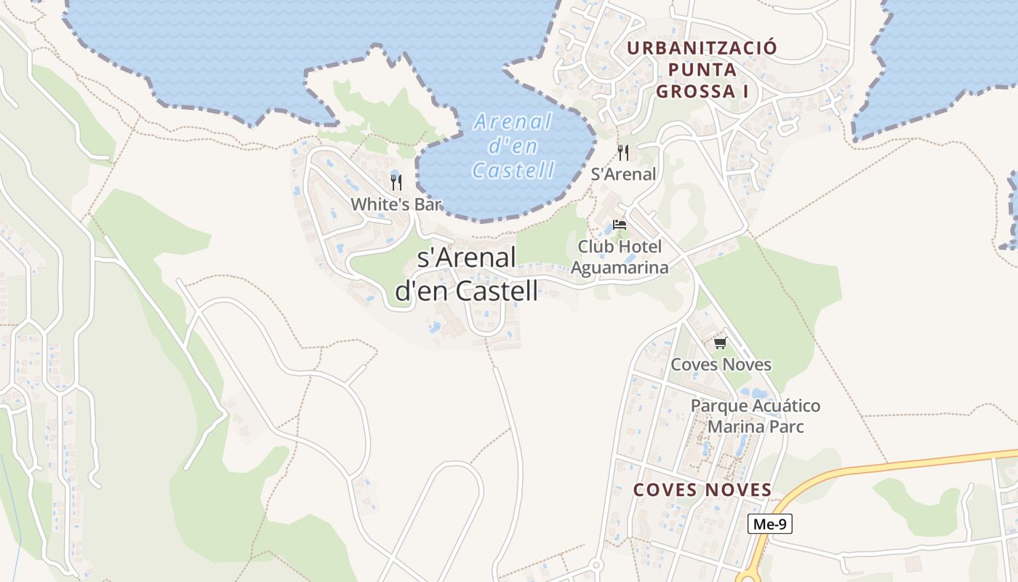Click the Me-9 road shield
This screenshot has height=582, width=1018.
(770, 524)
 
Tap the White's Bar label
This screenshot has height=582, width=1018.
(396, 204)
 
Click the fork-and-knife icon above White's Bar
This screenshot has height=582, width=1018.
(396, 182)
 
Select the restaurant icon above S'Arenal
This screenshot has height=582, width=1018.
(623, 153)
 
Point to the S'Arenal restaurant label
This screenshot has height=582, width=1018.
(623, 175)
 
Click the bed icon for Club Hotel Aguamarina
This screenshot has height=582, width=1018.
(620, 224)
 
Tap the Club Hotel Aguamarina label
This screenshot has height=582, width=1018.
(620, 257)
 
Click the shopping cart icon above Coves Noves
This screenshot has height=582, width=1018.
(720, 343)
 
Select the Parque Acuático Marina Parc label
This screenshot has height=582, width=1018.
(756, 415)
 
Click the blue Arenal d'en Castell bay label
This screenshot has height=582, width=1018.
(513, 145)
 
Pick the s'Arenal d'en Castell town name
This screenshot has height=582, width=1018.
(467, 274)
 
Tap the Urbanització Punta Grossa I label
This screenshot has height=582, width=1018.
(702, 70)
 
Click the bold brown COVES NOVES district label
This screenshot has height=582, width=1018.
(702, 490)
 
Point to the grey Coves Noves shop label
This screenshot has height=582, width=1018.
(721, 364)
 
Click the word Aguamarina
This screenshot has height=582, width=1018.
(620, 268)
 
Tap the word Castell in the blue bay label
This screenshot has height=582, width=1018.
(513, 170)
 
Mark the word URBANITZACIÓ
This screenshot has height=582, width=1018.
(702, 48)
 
